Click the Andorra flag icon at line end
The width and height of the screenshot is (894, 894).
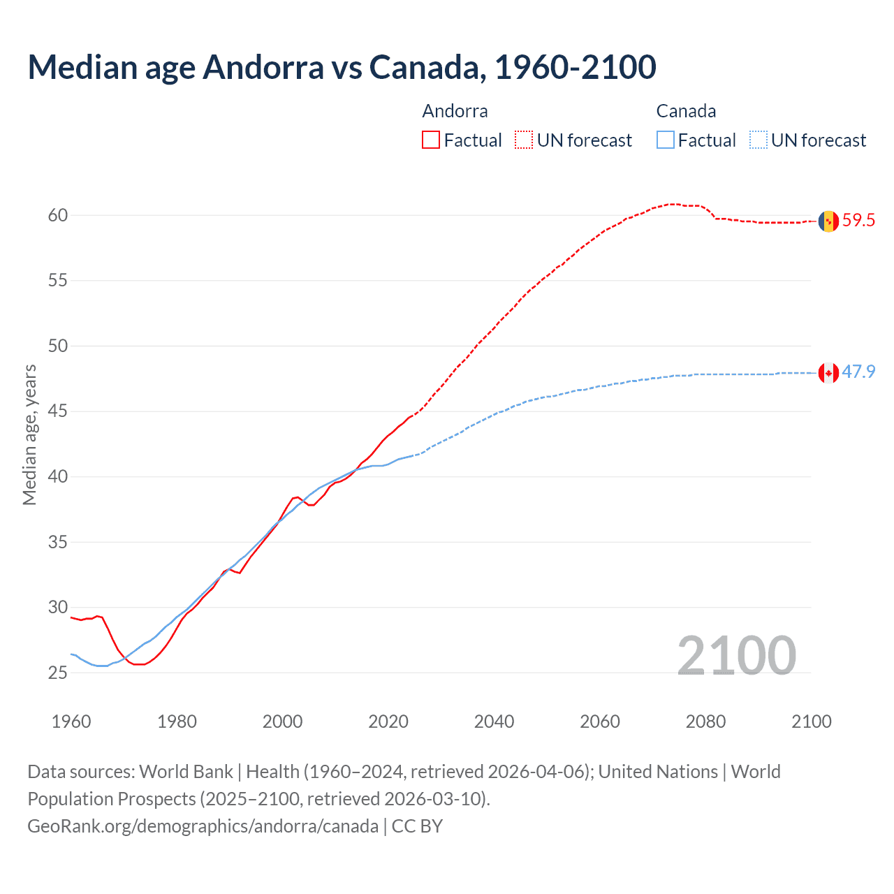(828, 221)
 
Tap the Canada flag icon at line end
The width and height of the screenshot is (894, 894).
(828, 372)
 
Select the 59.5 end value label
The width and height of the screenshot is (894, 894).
(858, 221)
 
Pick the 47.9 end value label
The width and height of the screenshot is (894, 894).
(858, 372)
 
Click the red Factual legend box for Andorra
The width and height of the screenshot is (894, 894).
(431, 140)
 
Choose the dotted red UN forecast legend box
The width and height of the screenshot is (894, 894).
(524, 140)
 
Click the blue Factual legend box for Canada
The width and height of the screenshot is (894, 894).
(666, 140)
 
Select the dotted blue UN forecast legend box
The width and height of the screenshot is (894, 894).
(758, 140)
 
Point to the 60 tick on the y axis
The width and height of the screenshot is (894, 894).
(58, 215)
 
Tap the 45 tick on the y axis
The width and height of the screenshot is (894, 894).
(58, 411)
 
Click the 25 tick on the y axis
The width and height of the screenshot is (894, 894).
(58, 673)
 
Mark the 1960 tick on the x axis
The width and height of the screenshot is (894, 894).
(71, 721)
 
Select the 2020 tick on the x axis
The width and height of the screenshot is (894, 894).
(388, 721)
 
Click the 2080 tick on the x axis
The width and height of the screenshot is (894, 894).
(705, 721)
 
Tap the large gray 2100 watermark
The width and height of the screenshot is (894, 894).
(737, 655)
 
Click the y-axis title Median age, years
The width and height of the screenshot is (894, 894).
(29, 434)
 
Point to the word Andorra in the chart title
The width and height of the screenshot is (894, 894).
(263, 67)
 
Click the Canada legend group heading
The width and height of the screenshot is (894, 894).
(686, 111)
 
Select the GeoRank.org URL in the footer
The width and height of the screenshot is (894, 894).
(203, 826)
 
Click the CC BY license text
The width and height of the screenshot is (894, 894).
(417, 826)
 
